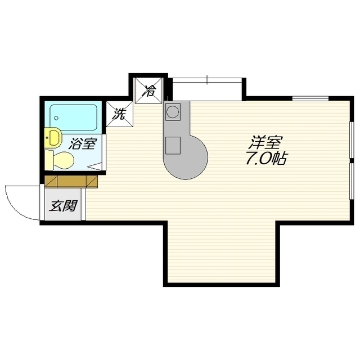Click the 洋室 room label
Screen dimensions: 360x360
266,142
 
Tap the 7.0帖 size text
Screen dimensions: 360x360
266,159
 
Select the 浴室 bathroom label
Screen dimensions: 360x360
83,143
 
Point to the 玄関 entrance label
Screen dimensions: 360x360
64,206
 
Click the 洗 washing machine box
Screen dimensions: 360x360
120,114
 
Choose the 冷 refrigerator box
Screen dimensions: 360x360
149,91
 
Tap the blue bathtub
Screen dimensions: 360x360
74,118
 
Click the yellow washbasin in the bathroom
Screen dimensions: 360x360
53,138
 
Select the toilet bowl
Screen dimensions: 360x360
60,160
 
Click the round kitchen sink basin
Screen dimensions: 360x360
173,112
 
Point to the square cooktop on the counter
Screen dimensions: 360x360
173,145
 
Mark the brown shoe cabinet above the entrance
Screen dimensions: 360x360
71,182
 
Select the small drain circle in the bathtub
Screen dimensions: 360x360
56,118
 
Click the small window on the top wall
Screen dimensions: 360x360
310,98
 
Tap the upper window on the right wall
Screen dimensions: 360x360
352,140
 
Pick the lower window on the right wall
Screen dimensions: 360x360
352,181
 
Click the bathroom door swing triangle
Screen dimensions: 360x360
94,166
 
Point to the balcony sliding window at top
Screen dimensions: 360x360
207,80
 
